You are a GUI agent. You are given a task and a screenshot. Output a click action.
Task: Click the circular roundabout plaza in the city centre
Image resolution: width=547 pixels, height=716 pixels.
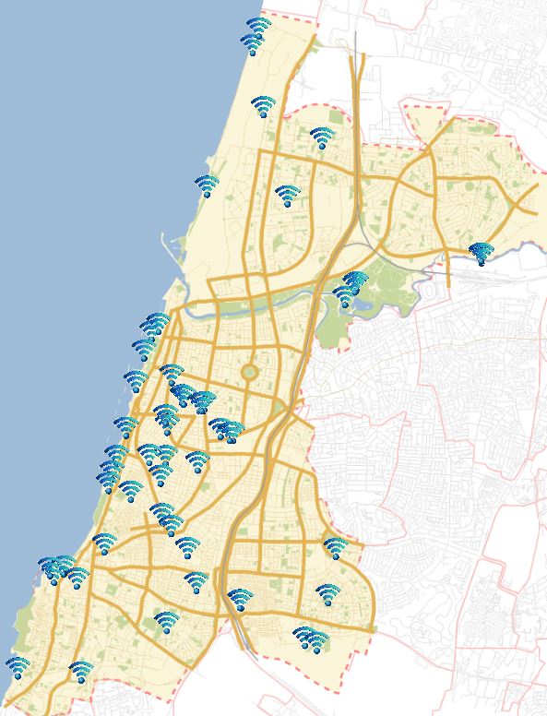tap(249, 373)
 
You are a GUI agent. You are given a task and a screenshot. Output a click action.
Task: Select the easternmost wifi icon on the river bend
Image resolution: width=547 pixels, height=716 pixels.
tap(481, 252)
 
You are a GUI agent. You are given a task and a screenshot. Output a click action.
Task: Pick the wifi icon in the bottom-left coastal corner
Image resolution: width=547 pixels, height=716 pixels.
tap(17, 666)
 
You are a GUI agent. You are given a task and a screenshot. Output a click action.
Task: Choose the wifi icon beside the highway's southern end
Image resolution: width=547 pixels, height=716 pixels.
tap(240, 600)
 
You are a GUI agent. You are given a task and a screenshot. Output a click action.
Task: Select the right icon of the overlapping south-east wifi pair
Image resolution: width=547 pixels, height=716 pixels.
tap(315, 639)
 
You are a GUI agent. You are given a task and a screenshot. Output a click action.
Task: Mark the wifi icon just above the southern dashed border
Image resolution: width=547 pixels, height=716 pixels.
tap(81, 671)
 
